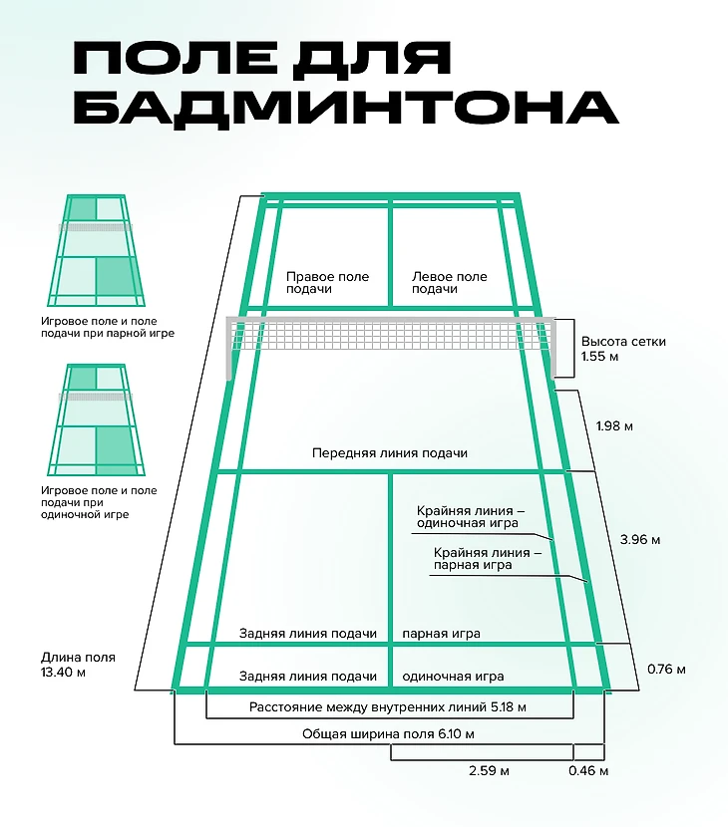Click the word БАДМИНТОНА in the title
pos(346,107)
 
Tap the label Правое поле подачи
pos(327,283)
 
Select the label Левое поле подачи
pos(450,283)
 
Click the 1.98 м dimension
pos(614,426)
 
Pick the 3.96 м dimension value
pos(639,540)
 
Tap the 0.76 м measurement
pos(666,669)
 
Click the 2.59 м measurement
pos(489,770)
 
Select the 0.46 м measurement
pos(588,770)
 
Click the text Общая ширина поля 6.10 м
pos(388,734)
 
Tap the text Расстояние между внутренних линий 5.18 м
pos(387,707)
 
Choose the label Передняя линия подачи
pos(390,453)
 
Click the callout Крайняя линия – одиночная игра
pos(470,516)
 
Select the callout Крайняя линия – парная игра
pos(488,558)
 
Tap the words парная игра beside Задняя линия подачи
pos(441,634)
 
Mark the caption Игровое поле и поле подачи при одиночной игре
pos(98,502)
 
